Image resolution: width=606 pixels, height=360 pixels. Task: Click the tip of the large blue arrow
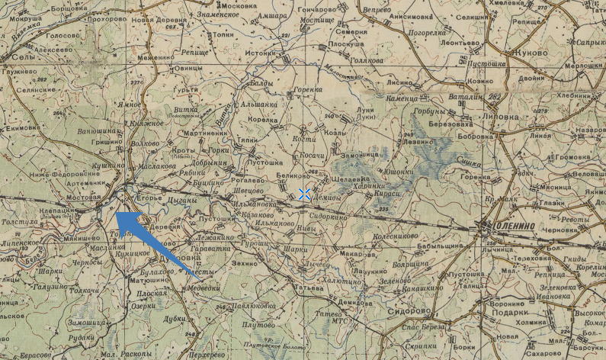(117, 214)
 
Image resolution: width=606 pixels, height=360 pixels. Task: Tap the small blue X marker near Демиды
(305, 194)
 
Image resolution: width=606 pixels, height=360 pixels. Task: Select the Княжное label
(149, 124)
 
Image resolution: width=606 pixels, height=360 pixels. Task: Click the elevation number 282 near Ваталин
(495, 95)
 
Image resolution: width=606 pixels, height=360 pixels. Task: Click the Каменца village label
(402, 98)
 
